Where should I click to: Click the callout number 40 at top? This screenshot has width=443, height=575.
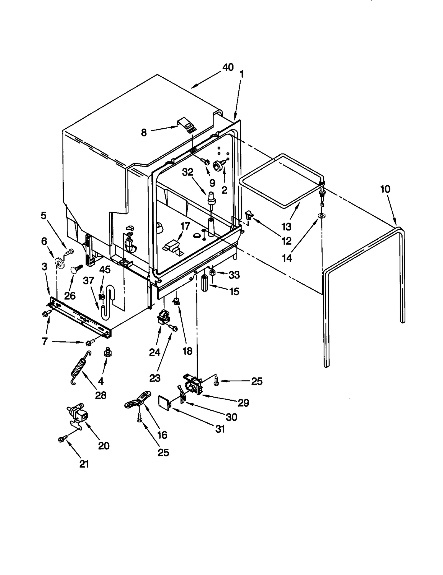pos(228,67)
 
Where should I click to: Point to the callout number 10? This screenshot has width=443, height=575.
pos(385,189)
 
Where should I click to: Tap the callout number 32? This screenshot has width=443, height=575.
pos(187,172)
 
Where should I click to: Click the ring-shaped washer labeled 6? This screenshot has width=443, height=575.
pos(59,262)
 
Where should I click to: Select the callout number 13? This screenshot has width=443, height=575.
pos(287,226)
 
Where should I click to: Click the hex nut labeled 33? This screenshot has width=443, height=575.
pos(213,272)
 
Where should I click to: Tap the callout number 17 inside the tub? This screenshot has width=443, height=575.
pos(185,226)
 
